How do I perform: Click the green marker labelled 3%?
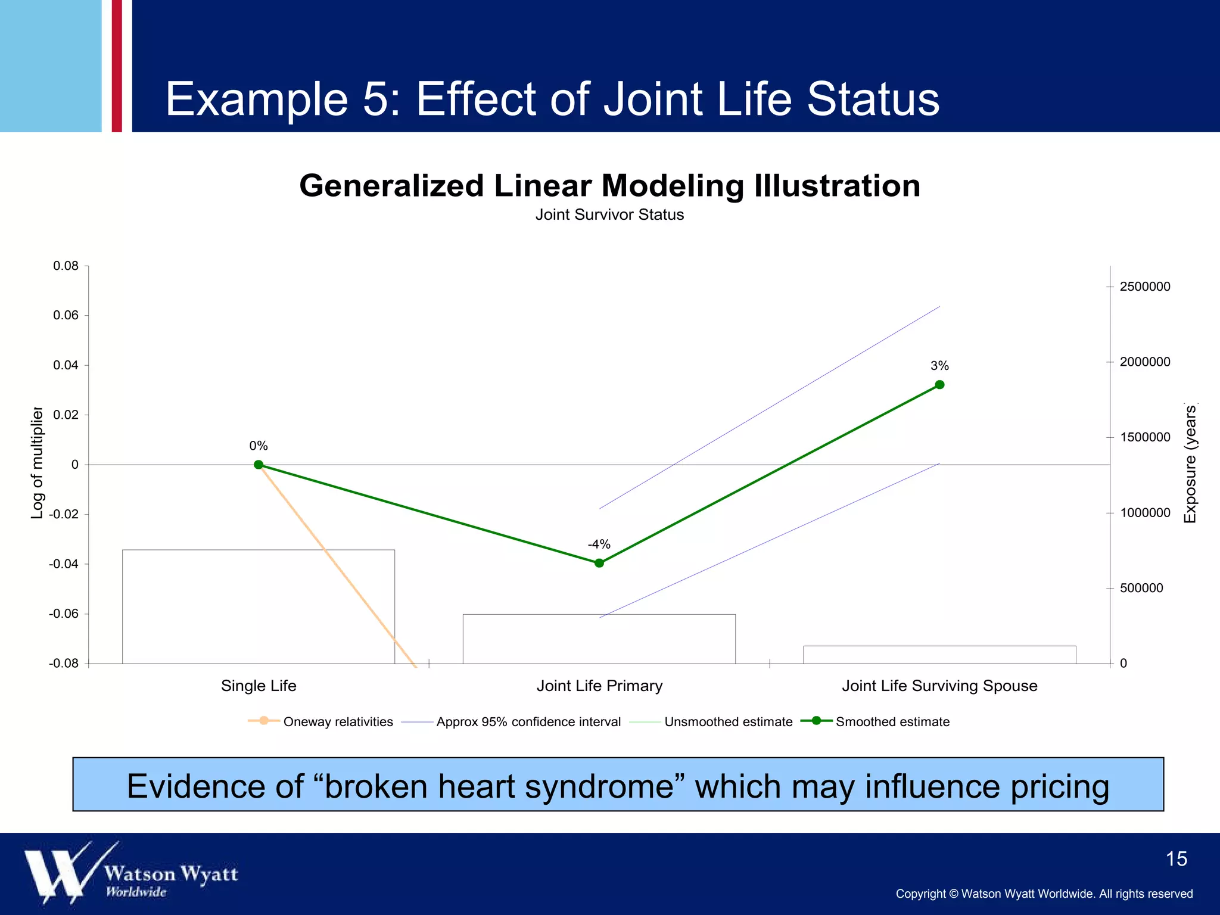click(939, 385)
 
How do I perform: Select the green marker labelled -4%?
click(599, 563)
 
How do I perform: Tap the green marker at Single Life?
click(259, 465)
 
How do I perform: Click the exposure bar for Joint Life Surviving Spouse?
click(939, 655)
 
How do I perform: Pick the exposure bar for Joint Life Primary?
click(599, 639)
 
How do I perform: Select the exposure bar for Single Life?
click(259, 606)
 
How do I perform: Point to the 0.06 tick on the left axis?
click(66, 315)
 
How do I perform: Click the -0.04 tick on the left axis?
click(64, 564)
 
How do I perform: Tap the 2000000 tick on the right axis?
click(1144, 362)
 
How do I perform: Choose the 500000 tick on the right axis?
click(1141, 589)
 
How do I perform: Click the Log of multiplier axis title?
click(37, 463)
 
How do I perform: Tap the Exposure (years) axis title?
click(1190, 463)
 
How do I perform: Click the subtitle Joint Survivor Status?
click(609, 214)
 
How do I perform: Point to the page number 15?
click(1176, 859)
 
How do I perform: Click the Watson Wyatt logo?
click(131, 873)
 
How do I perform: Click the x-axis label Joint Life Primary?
click(599, 686)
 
